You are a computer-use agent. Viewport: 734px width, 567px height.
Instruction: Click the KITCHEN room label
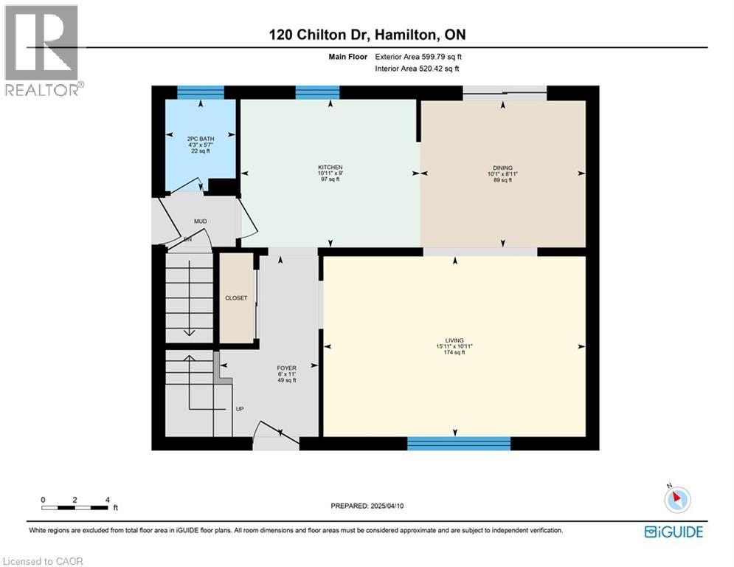coord(330,168)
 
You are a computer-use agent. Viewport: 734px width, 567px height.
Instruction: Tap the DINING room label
coord(504,168)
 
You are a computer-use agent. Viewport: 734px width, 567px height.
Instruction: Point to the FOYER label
coord(286,368)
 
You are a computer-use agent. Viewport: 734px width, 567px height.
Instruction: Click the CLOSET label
coord(236,298)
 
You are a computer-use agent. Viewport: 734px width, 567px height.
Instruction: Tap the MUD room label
coord(200,221)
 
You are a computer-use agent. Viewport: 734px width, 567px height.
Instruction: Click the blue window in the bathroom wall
coord(201,92)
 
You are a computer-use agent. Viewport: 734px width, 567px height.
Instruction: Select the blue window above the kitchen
coord(317,92)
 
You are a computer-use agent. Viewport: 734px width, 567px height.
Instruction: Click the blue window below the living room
coord(459,443)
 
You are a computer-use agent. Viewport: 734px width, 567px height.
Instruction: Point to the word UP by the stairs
coord(239,408)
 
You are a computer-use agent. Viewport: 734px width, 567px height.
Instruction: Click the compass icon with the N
coord(676,499)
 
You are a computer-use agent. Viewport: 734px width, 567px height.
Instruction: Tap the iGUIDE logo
coord(673,532)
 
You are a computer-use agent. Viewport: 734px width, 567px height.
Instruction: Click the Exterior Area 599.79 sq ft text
coord(418,56)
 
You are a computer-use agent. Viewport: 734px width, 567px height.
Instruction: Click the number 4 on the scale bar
coord(108,499)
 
